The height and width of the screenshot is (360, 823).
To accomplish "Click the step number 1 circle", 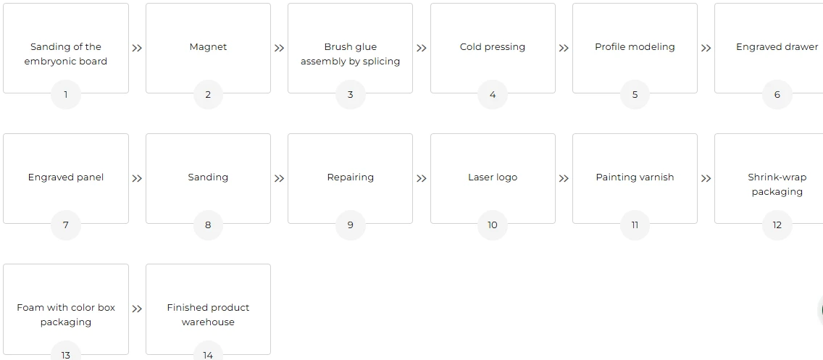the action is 66,95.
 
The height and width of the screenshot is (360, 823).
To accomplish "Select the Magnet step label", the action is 208,46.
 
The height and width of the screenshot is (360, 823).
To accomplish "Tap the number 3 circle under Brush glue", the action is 350,95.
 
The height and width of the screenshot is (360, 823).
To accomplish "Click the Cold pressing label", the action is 493,47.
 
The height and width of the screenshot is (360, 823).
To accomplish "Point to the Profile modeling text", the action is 635,47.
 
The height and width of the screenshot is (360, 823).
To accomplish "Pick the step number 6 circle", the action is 777,95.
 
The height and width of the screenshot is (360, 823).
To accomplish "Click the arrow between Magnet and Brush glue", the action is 279,49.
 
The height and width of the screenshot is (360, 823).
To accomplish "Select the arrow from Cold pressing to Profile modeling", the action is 564,49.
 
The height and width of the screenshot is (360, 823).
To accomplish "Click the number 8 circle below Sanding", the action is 208,225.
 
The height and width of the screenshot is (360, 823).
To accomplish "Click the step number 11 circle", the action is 635,225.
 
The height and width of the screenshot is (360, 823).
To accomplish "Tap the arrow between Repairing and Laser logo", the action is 422,178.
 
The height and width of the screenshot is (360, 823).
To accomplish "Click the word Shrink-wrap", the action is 777,177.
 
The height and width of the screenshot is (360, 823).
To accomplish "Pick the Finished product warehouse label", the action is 208,315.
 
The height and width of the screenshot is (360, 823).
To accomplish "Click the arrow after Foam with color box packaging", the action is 137,309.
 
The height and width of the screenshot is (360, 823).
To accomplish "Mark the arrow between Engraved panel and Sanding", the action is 137,178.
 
